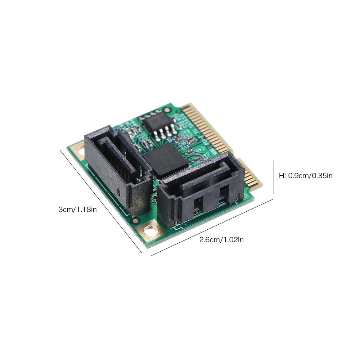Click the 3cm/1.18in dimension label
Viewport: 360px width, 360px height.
pos(77,210)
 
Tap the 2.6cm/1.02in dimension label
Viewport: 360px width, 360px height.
pos(221,240)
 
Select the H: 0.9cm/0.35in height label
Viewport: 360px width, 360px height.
pos(306,176)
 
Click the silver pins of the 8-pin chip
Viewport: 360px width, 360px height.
pos(164,134)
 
